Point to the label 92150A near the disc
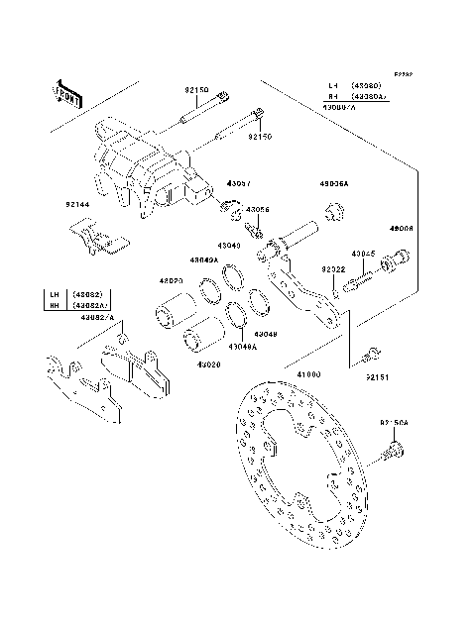pos(394,423)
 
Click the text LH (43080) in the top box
pos(356,86)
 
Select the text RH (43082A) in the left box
pos(79,306)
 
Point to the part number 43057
pos(239,184)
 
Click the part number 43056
pos(257,210)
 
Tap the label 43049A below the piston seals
pos(243,347)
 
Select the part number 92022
pos(331,268)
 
